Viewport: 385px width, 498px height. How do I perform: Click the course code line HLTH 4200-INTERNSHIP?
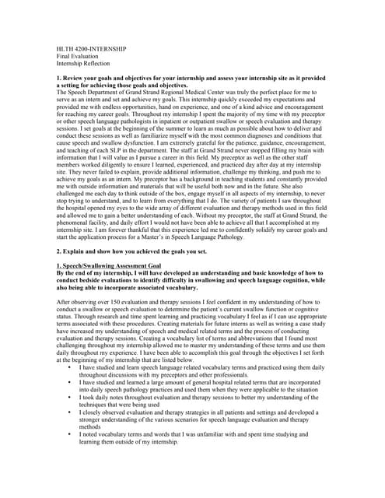point(92,49)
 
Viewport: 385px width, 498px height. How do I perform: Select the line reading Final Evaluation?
point(77,56)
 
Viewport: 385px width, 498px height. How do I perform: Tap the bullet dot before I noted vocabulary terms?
point(71,433)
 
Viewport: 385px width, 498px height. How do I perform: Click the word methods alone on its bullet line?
point(91,426)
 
